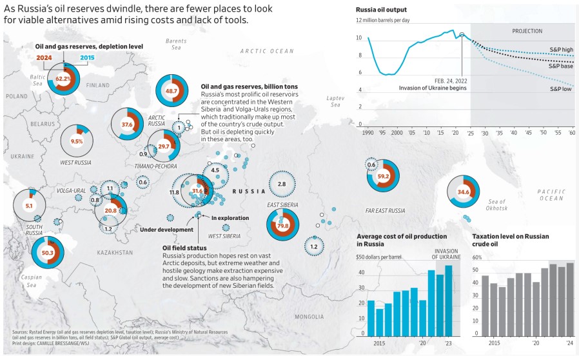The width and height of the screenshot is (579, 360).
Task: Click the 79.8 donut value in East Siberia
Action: point(282,226)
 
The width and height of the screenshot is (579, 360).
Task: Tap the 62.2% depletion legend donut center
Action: point(63,79)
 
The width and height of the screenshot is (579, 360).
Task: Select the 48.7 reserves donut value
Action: point(172,91)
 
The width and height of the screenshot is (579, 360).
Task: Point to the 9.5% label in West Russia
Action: point(77,141)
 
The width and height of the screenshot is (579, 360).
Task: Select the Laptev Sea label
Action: point(337,101)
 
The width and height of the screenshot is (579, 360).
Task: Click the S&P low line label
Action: point(560,89)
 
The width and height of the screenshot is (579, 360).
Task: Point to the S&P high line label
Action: point(560,49)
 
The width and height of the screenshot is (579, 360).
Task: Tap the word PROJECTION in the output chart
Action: point(527,31)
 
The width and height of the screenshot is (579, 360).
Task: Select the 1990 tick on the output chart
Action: point(368,132)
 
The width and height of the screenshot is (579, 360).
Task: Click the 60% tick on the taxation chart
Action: point(478,257)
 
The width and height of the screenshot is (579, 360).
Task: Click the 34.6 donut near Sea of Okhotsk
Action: point(463,192)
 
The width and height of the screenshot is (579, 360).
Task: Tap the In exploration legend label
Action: point(230,218)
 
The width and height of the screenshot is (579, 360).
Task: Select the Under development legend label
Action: point(167,229)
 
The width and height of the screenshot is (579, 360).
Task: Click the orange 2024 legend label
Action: point(44,58)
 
